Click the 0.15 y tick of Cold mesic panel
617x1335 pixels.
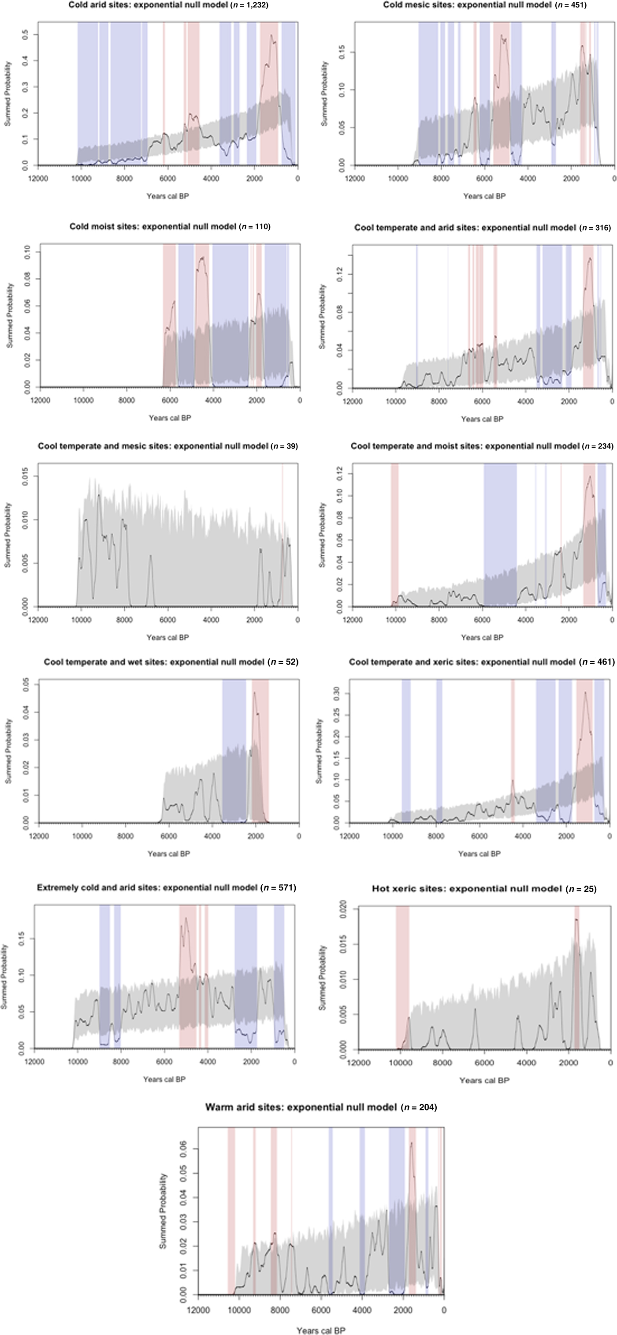pyautogui.click(x=341, y=52)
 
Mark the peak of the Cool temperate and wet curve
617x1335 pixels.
pyautogui.click(x=254, y=693)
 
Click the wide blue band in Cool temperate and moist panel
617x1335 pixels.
pyautogui.click(x=500, y=534)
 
